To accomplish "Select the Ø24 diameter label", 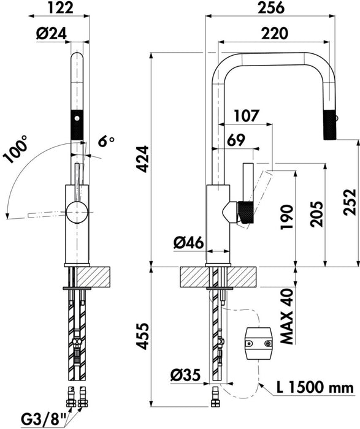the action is point(52,34).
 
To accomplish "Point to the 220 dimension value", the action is point(275,33).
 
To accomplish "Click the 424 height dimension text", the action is point(143,159).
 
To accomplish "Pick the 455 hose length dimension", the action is point(143,336).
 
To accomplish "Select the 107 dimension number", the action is point(247,115).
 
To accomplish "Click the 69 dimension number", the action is point(236,140).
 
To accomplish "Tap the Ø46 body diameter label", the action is point(189,243).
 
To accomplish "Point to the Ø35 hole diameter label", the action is point(185,375).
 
